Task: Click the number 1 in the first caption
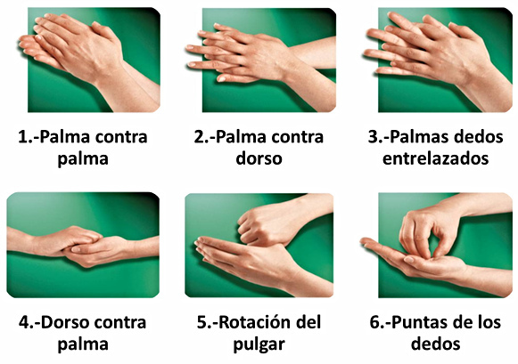tap(23, 137)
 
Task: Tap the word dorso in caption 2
tap(259, 158)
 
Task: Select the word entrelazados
tap(435, 158)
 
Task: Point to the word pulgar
tap(259, 345)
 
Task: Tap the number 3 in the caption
tap(374, 137)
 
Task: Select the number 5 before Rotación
tap(201, 322)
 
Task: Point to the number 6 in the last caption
tap(375, 322)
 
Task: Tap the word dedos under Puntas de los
tap(435, 344)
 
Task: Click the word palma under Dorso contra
tap(83, 345)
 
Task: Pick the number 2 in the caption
tap(199, 137)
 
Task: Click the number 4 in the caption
tap(24, 322)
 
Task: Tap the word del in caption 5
tap(310, 322)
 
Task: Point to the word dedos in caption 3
tap(479, 137)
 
